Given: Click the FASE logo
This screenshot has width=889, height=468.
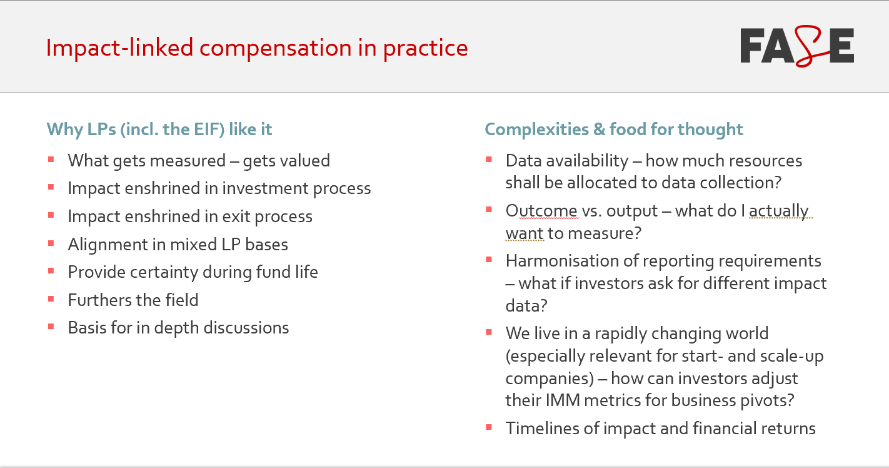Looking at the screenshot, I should tap(797, 47).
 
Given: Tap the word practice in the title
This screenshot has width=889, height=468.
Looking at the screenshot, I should tap(425, 48).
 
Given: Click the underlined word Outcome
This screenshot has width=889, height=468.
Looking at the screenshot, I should tap(542, 211).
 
